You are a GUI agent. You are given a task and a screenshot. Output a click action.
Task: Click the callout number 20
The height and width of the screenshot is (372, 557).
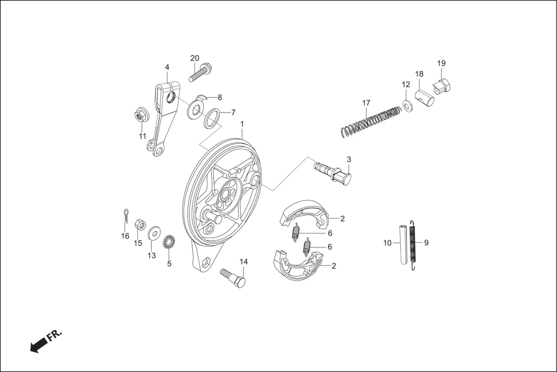[x=195, y=58]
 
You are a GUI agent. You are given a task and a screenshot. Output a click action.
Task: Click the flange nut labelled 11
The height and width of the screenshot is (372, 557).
[x=140, y=115]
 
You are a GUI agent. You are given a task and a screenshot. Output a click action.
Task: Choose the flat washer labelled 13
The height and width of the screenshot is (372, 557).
[x=154, y=234]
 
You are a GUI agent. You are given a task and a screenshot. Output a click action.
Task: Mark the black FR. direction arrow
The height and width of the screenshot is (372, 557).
[x=38, y=344]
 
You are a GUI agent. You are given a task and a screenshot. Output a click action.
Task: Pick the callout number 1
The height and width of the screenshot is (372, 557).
[x=242, y=124]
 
